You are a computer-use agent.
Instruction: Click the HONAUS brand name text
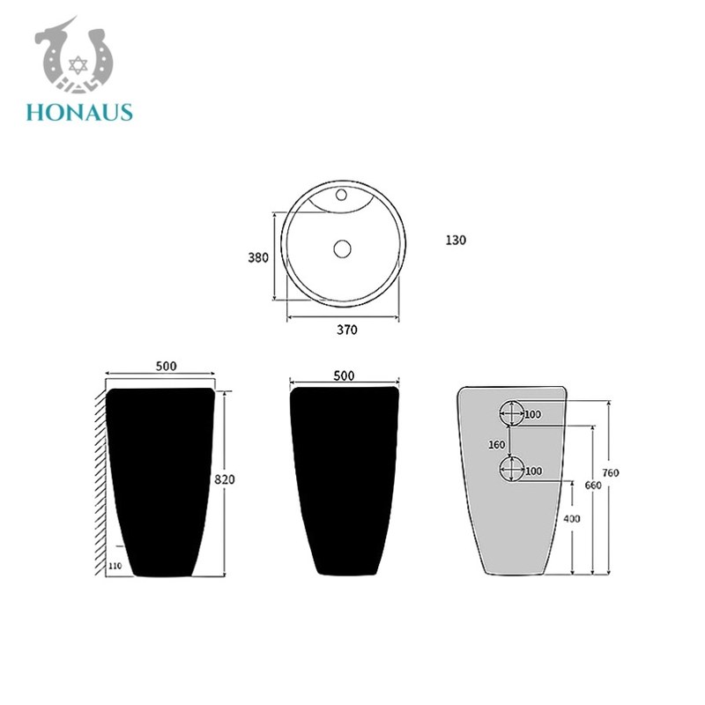click(x=79, y=113)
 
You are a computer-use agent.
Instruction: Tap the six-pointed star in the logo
click(x=78, y=65)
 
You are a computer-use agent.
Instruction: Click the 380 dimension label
click(x=258, y=257)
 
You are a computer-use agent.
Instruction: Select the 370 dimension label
click(x=347, y=330)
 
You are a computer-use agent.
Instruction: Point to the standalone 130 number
click(x=456, y=240)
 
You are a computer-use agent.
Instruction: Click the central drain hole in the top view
click(x=342, y=249)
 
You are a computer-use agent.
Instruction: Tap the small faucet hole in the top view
click(x=341, y=195)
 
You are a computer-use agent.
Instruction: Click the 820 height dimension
click(x=225, y=479)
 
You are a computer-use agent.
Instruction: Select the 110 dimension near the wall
click(x=115, y=566)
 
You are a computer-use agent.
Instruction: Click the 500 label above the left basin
click(x=167, y=366)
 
